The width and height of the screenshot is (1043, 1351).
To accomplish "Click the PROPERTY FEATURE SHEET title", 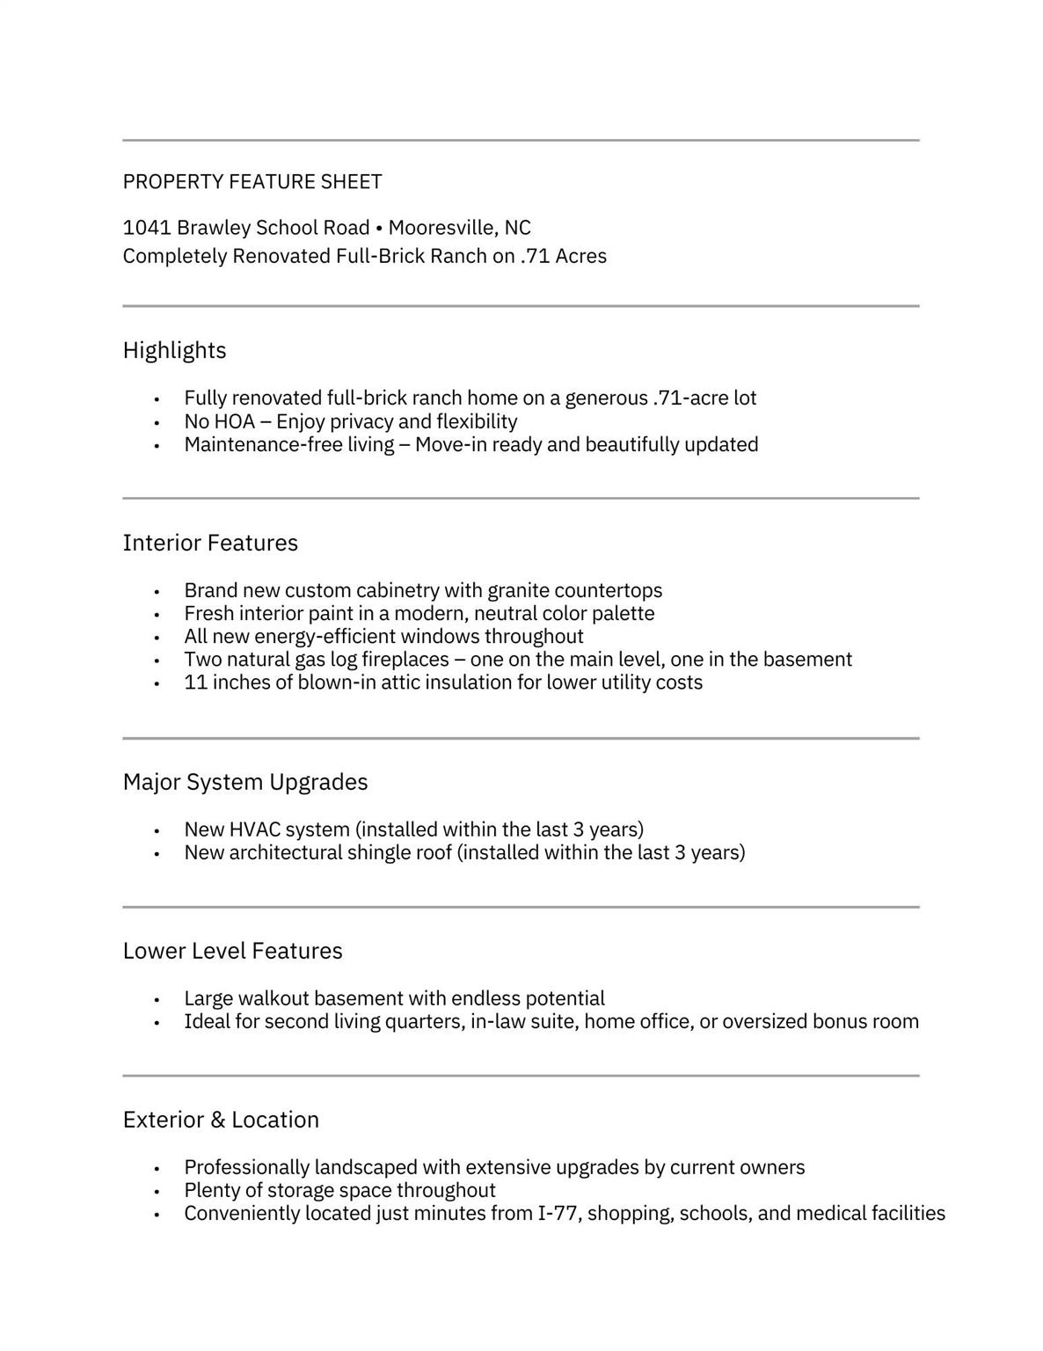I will click(x=252, y=182).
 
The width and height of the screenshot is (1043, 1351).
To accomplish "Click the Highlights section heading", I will click(x=174, y=350).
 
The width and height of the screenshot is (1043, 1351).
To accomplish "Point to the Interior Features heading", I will click(x=210, y=543).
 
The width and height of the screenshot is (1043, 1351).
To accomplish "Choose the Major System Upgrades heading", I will click(x=245, y=782).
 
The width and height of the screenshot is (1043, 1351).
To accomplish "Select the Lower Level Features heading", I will click(x=232, y=951).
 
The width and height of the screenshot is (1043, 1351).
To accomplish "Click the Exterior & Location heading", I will click(x=221, y=1120).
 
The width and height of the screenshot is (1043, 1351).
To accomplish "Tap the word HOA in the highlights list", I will click(x=235, y=421).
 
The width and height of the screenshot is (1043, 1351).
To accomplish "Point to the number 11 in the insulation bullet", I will click(x=195, y=683).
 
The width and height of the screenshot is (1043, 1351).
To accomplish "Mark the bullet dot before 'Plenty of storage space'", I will click(x=157, y=1192).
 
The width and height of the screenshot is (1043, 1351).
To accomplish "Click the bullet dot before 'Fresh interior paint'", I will click(x=157, y=615).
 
